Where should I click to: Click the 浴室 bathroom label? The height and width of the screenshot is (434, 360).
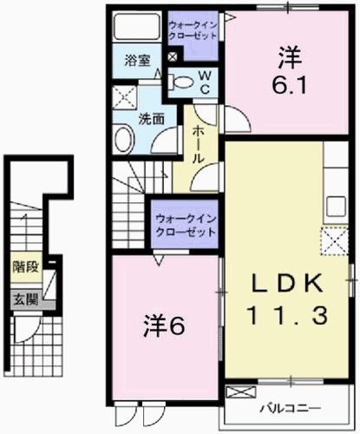(x=138, y=61)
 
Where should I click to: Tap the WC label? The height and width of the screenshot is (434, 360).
(x=205, y=82)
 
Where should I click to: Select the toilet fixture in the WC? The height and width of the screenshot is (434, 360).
(x=181, y=82)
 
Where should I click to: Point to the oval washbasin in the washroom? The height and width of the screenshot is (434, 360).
(x=124, y=140)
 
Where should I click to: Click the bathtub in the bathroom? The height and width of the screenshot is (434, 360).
(x=137, y=26)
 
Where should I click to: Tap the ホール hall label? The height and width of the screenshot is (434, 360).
(x=199, y=145)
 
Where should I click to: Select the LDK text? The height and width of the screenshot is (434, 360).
(x=287, y=283)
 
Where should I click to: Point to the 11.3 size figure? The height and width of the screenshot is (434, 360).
(x=287, y=315)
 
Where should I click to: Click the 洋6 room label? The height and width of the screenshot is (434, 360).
(x=164, y=325)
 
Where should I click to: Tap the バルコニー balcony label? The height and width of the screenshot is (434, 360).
(x=291, y=409)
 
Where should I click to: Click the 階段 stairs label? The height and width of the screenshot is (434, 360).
(x=26, y=266)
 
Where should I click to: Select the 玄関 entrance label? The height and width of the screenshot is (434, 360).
(x=26, y=299)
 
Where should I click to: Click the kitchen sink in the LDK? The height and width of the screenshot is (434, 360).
(x=337, y=207)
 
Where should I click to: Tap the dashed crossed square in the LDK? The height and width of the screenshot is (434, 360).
(x=334, y=241)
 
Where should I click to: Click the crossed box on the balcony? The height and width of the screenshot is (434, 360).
(x=241, y=391)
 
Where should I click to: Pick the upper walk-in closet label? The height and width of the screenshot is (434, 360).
(x=193, y=30)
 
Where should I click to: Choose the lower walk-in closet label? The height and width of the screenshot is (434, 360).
(x=186, y=226)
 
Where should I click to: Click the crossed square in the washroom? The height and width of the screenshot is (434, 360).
(x=124, y=97)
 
